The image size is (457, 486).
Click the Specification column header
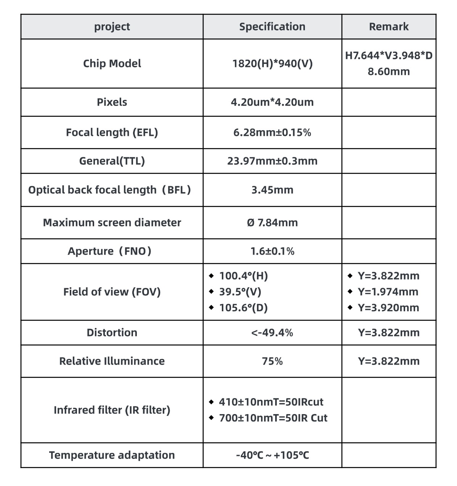[272, 27]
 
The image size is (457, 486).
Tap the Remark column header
[388, 27]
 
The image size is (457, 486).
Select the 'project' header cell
[112, 27]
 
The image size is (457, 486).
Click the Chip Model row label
[112, 63]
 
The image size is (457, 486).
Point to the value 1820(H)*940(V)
[272, 63]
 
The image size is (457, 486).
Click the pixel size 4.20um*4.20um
[272, 102]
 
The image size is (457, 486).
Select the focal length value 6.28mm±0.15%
[272, 132]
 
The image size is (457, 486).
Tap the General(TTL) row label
[112, 161]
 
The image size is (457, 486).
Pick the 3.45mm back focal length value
[272, 190]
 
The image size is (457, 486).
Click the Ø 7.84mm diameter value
[272, 223]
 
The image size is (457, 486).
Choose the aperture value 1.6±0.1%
[272, 251]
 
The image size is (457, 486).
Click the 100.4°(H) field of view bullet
[243, 276]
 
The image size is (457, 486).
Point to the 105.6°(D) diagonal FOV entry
[243, 308]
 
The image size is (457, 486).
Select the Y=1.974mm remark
[388, 292]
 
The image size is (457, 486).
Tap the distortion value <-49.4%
[272, 333]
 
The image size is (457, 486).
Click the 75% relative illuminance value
[272, 361]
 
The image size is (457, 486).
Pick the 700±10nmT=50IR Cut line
[273, 418]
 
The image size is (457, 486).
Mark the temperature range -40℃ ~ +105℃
[272, 455]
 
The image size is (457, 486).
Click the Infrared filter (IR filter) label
[112, 410]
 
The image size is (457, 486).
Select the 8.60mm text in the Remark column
[388, 72]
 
